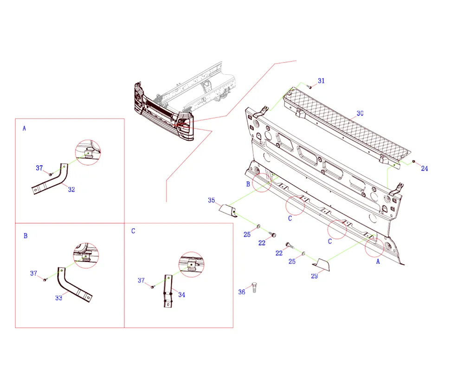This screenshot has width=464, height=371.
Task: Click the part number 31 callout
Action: click(x=321, y=81)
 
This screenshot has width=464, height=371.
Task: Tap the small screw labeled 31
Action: click(x=310, y=87)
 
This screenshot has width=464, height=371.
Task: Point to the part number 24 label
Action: click(x=425, y=168)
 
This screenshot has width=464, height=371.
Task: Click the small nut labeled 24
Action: click(x=414, y=161)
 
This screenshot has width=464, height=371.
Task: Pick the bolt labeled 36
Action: click(x=254, y=288)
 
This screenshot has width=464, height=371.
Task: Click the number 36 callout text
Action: click(x=242, y=292)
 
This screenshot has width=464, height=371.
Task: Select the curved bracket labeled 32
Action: click(x=50, y=179)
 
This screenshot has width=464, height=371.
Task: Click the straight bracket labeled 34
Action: click(x=168, y=291)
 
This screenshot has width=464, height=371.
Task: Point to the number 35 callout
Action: click(x=211, y=200)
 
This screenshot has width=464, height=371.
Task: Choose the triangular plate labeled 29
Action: click(x=323, y=264)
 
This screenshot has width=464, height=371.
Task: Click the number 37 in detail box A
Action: click(x=39, y=168)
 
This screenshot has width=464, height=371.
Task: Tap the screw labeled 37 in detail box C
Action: click(x=152, y=287)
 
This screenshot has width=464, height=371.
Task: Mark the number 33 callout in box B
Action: click(x=58, y=298)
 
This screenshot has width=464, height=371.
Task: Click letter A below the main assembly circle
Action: click(x=378, y=262)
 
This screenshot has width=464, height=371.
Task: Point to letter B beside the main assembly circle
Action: click(x=248, y=184)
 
